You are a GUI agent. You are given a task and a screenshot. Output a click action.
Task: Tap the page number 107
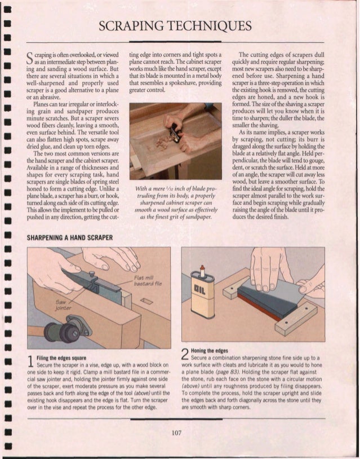pos(179,432)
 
